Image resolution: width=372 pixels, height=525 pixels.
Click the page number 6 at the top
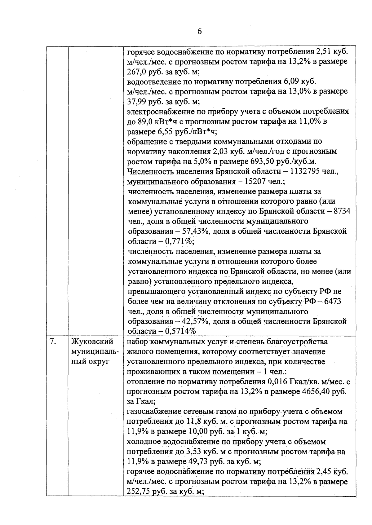(199, 32)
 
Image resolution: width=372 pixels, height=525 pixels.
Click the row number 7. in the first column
(53, 342)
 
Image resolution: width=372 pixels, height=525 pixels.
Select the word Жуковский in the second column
(92, 342)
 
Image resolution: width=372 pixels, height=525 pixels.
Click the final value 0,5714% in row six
(182, 331)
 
